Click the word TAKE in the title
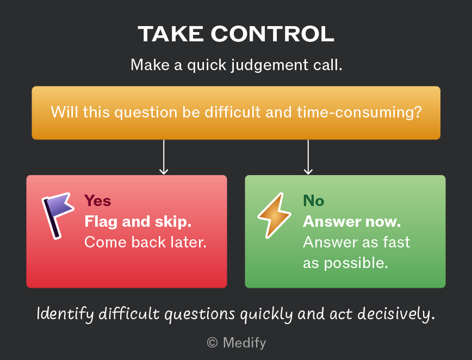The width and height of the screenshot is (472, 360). click(171, 34)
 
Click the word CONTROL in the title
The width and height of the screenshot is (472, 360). click(273, 34)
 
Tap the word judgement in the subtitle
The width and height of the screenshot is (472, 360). click(270, 65)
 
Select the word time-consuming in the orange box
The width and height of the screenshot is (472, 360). click(359, 112)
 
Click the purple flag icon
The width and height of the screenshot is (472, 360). click(58, 215)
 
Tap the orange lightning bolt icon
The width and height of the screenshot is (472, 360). click(274, 215)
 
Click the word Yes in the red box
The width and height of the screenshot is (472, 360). click(97, 201)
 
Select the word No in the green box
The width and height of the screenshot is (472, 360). click(313, 201)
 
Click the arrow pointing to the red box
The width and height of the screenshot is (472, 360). click(164, 157)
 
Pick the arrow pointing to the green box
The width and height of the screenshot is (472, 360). click(308, 157)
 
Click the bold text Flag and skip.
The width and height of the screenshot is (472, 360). click(138, 222)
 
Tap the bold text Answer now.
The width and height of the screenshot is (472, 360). click(352, 222)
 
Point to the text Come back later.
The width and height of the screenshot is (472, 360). click(145, 243)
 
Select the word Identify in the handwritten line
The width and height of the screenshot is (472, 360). click(65, 314)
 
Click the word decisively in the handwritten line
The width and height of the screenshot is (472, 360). click(396, 314)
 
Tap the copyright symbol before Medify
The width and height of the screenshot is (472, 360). click(212, 343)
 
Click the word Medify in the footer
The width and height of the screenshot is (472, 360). click(245, 343)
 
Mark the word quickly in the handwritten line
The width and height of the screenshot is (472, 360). click(266, 314)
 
